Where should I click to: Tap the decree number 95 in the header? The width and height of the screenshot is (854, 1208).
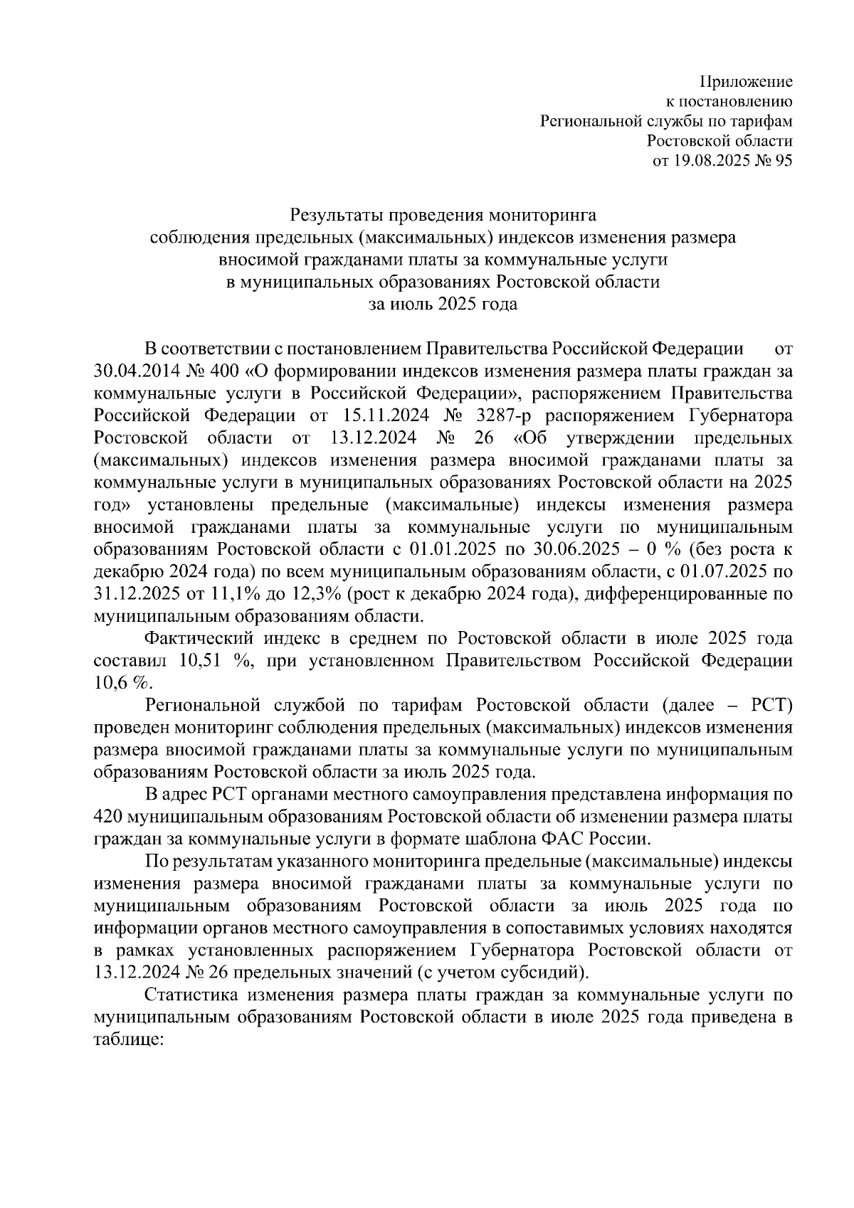(x=783, y=161)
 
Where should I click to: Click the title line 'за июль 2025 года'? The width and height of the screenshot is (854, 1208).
(x=443, y=304)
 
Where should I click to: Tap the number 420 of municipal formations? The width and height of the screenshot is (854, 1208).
(x=115, y=817)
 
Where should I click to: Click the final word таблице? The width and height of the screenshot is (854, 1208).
(x=128, y=1039)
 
